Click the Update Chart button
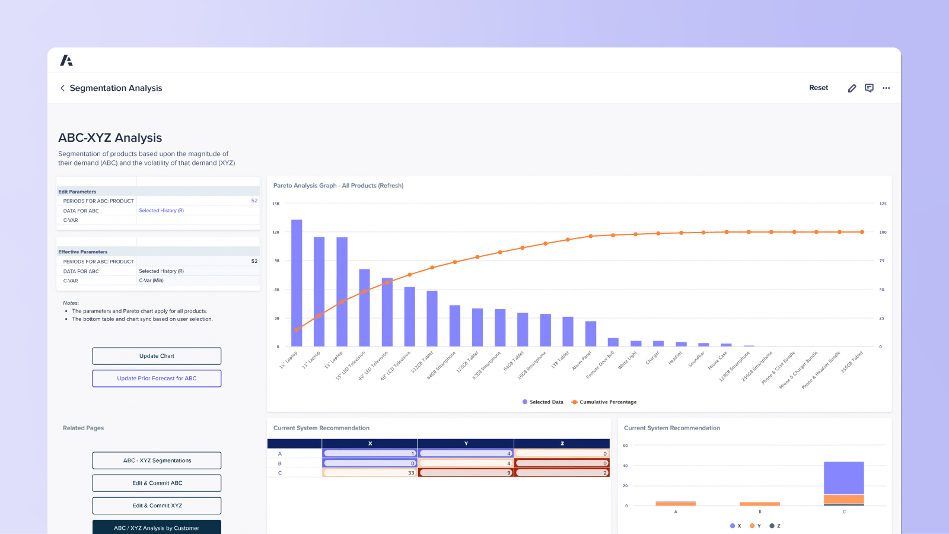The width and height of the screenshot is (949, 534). click(x=157, y=356)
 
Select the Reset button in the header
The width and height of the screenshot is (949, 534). click(x=819, y=88)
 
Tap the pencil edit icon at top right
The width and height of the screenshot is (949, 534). click(x=852, y=88)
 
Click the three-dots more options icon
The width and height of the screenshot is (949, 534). click(x=886, y=88)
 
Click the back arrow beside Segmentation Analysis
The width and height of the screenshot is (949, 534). click(x=62, y=88)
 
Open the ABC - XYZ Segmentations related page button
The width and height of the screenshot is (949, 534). click(x=157, y=460)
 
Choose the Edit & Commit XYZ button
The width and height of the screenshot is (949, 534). click(x=157, y=506)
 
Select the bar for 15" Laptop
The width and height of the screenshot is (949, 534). click(x=297, y=284)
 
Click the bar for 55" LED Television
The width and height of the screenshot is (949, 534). click(x=364, y=308)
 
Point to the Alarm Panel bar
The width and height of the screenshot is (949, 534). click(x=590, y=334)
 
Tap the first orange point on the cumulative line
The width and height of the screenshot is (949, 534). click(x=297, y=330)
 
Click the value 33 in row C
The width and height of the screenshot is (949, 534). click(x=410, y=473)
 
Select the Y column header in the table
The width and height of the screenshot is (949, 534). click(x=466, y=443)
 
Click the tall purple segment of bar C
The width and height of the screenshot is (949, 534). click(x=843, y=478)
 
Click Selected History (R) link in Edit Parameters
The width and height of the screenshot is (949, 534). click(x=161, y=211)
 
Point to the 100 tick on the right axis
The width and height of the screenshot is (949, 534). click(x=883, y=233)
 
